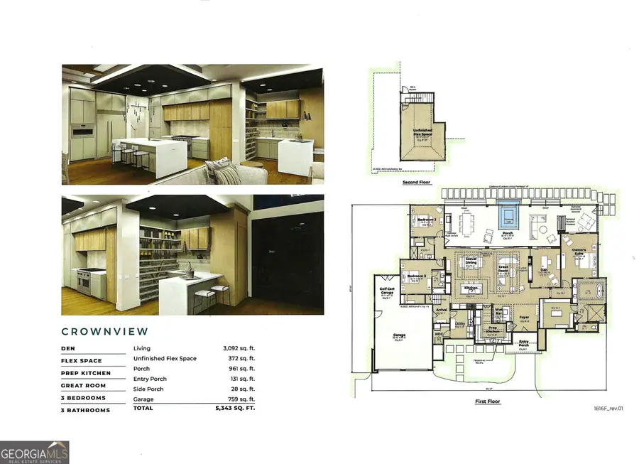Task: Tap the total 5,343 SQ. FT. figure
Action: (x=234, y=409)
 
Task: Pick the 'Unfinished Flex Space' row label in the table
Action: (x=165, y=359)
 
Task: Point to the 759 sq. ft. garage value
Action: (x=241, y=399)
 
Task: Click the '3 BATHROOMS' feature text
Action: (x=85, y=410)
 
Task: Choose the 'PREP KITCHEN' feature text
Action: (x=86, y=373)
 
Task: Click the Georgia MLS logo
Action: (x=35, y=452)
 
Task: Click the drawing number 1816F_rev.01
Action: (x=608, y=409)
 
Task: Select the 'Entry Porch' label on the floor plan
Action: (x=523, y=343)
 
